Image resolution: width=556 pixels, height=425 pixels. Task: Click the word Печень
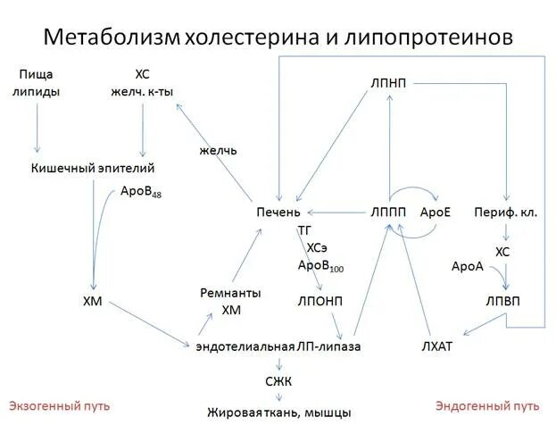[x=278, y=212]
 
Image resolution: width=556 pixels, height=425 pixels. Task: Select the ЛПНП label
[x=388, y=83]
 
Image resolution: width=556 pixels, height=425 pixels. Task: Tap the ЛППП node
[x=388, y=212]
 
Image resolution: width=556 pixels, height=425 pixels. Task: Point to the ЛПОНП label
[x=319, y=300]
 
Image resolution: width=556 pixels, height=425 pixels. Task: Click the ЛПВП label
[x=502, y=300]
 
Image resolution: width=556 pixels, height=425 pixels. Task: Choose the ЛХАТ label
[x=437, y=346]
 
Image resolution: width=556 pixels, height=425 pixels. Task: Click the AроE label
[x=435, y=212]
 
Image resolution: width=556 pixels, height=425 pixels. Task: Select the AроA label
[x=467, y=266]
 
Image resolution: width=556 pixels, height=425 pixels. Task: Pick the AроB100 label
[x=321, y=266]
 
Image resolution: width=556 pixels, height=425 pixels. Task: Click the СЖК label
[x=278, y=381]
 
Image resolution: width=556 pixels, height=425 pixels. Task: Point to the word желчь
[x=218, y=150]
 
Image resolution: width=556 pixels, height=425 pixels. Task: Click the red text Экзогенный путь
[x=60, y=406]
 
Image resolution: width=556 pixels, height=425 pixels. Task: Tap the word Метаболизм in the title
[x=112, y=37]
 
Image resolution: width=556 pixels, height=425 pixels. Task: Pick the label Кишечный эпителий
[x=94, y=168]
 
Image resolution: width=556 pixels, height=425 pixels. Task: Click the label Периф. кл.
[x=505, y=212]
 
